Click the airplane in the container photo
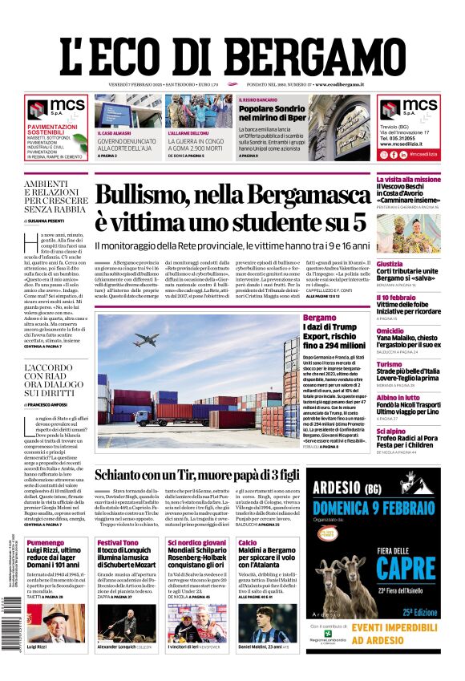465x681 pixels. [146, 339]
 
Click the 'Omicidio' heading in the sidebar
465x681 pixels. [390, 330]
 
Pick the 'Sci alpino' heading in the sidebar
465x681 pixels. [392, 432]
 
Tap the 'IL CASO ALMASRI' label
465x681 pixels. [115, 133]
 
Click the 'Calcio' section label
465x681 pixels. [248, 543]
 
